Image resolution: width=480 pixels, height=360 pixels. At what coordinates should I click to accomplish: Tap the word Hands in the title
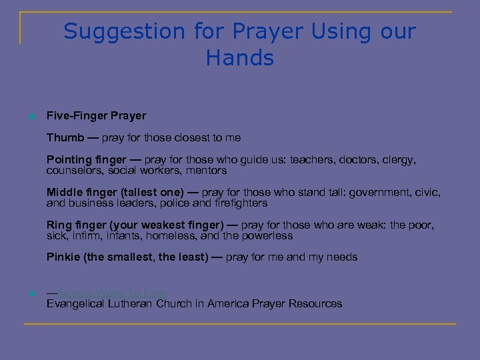pyautogui.click(x=240, y=58)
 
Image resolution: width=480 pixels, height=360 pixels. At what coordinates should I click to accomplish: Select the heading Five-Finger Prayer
pyautogui.click(x=96, y=116)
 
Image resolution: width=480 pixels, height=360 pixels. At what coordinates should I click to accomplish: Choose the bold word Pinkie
pyautogui.click(x=64, y=257)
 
